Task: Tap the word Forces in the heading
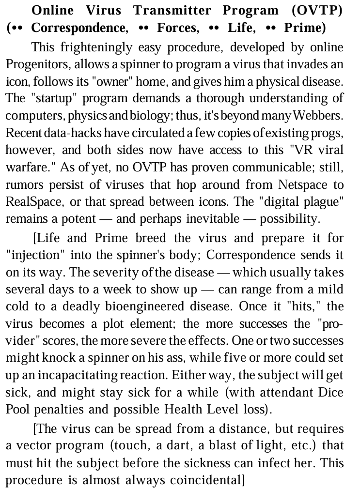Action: pos(177,28)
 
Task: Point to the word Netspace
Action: pos(304,184)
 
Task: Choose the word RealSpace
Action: pos(31,201)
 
